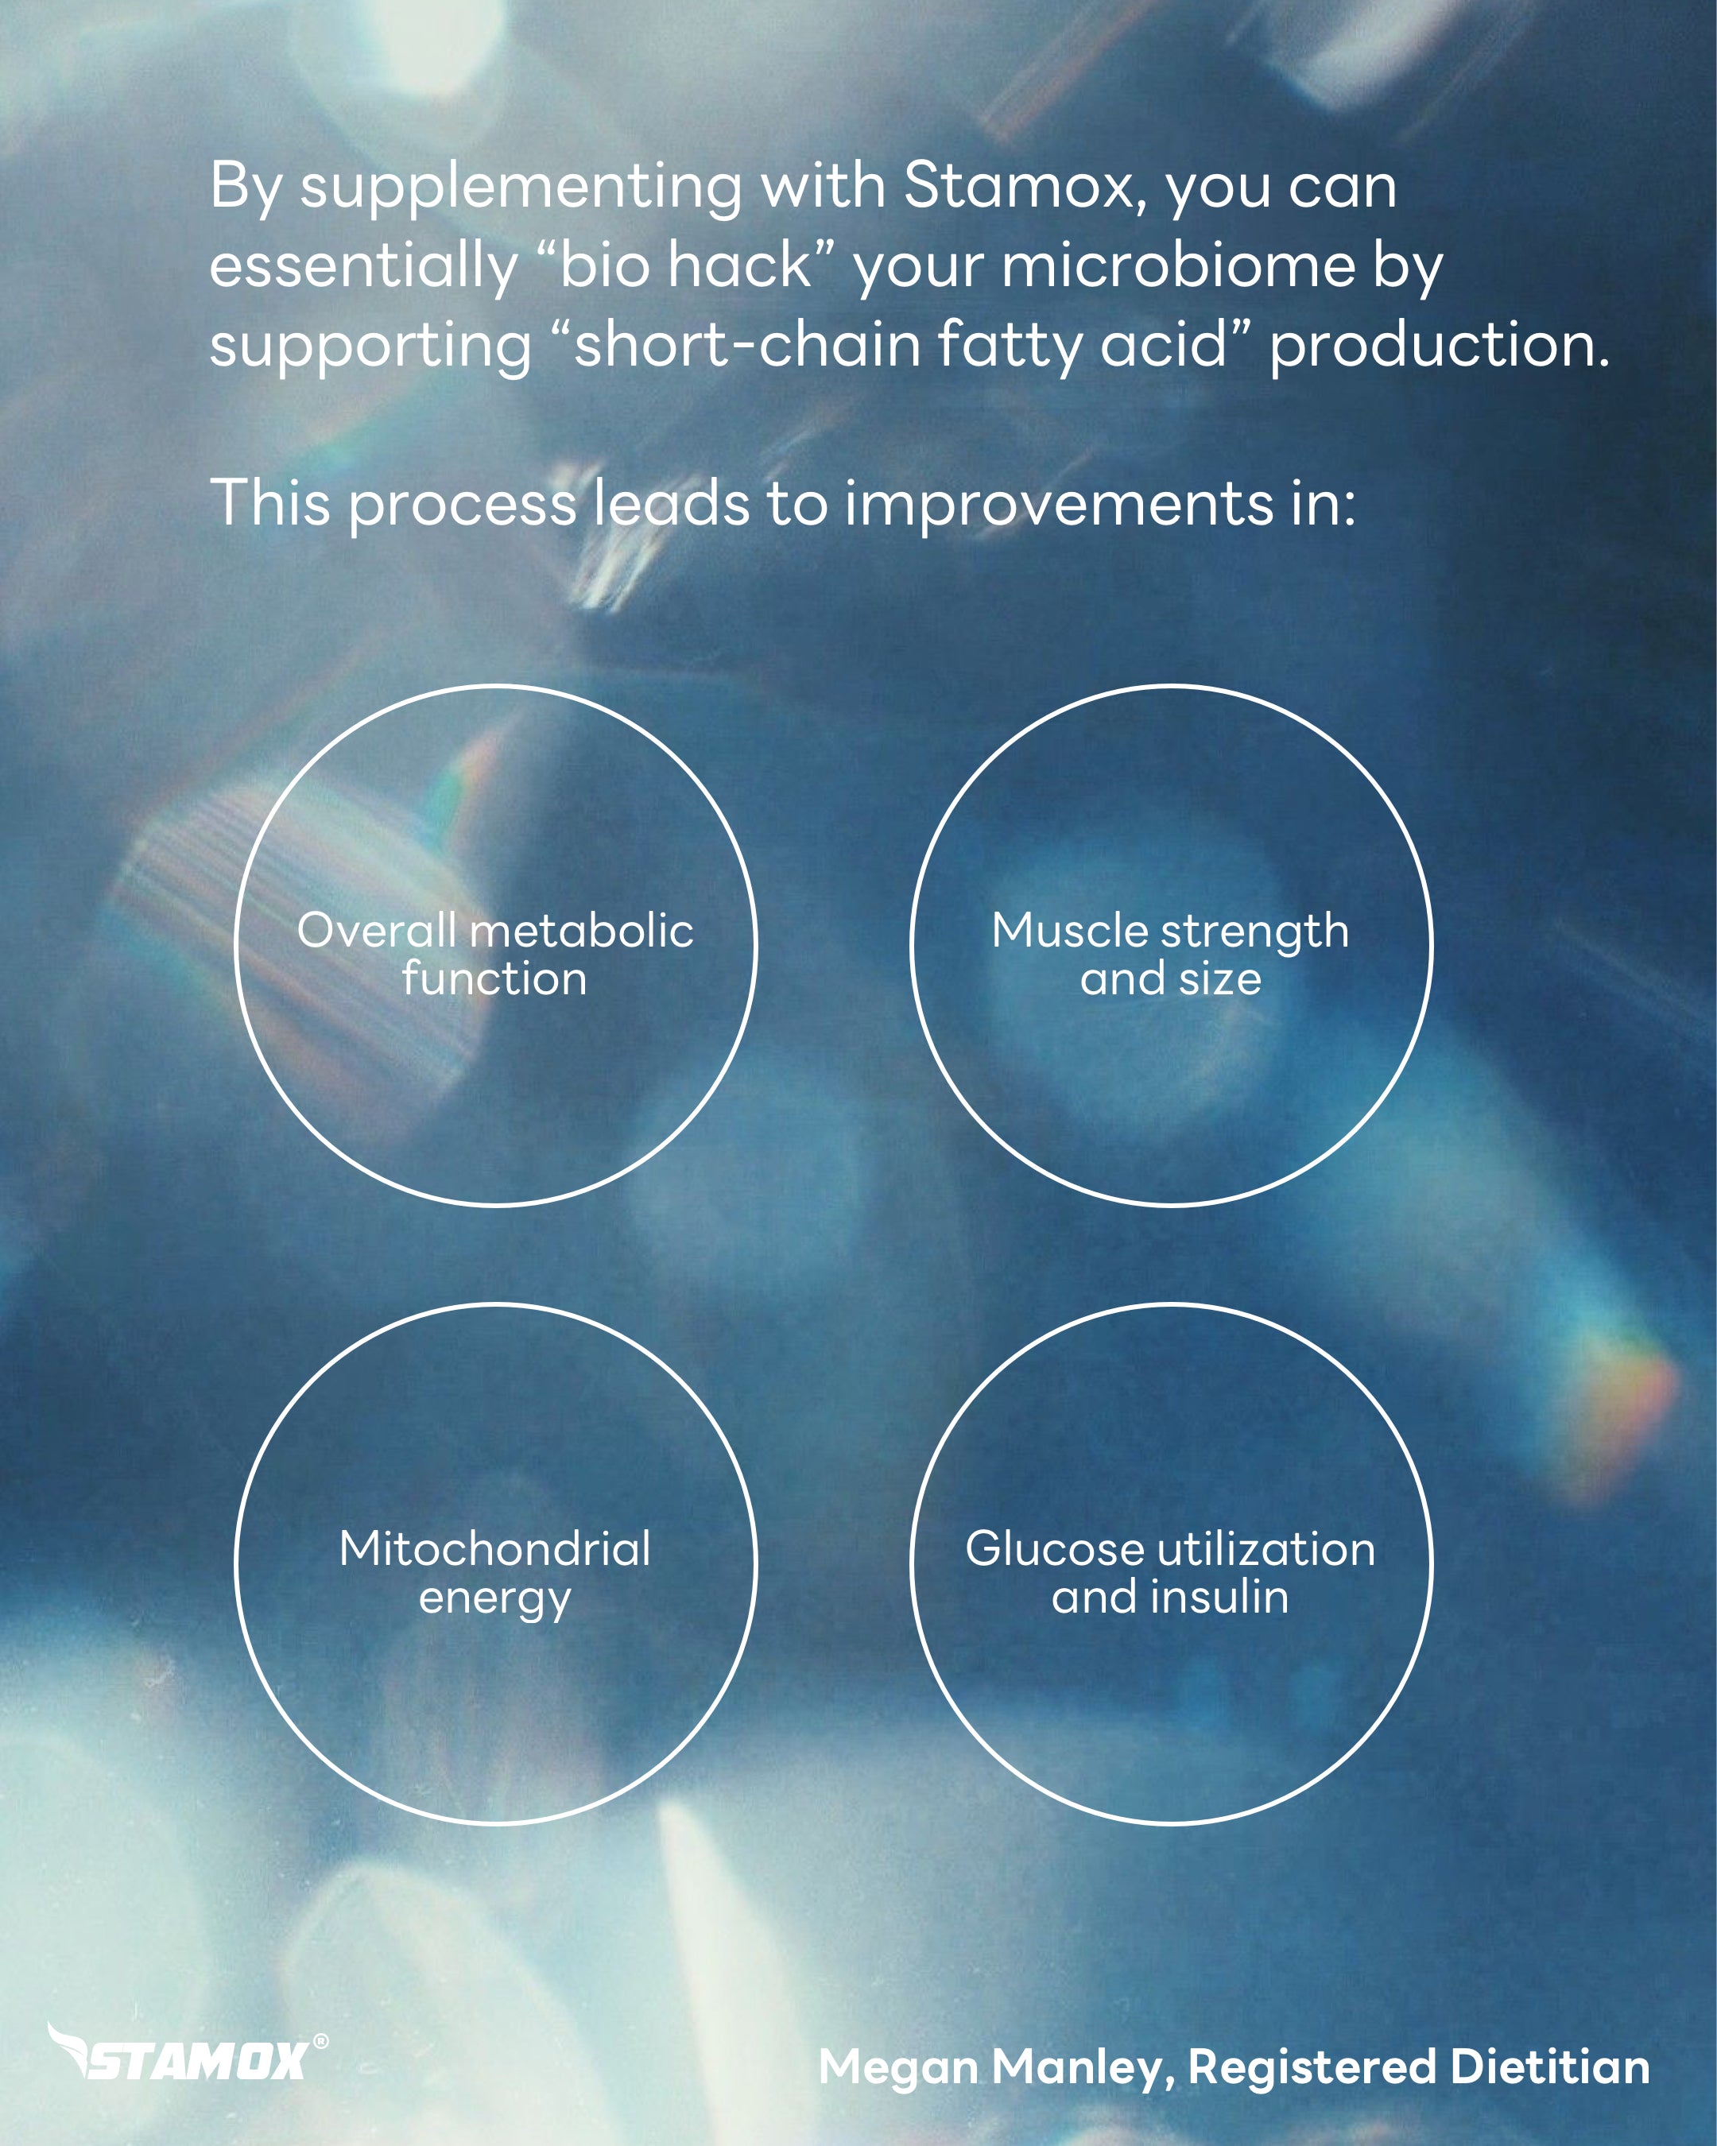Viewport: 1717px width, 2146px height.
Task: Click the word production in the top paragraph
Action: pyautogui.click(x=1440, y=347)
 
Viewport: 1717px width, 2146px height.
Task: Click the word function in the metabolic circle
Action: pyautogui.click(x=494, y=978)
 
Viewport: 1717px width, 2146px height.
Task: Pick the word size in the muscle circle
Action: pyautogui.click(x=1220, y=979)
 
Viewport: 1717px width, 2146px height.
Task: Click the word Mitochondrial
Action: pyautogui.click(x=494, y=1549)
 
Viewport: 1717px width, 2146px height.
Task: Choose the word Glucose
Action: pyautogui.click(x=1055, y=1550)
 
